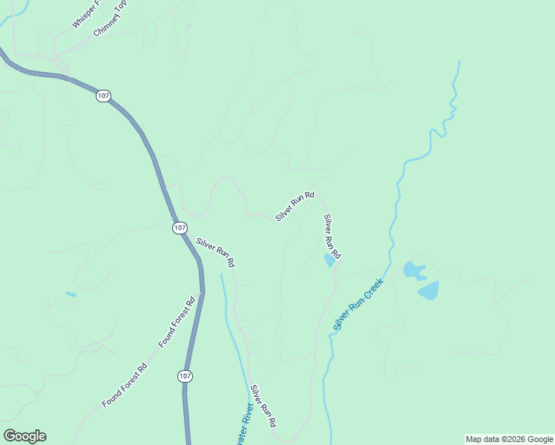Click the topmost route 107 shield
[x=103, y=96]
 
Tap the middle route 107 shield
[x=180, y=228]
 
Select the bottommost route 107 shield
[x=185, y=377]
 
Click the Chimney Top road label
[x=111, y=19]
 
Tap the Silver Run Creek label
[x=358, y=304]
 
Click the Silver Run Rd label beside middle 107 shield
[x=215, y=252]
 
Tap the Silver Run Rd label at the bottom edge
[x=263, y=406]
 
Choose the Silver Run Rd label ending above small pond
[x=332, y=236]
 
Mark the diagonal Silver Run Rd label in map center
[x=295, y=206]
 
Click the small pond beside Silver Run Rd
[x=329, y=260]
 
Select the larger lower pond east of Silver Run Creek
[x=429, y=290]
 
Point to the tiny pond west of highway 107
[x=70, y=294]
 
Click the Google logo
[x=24, y=436]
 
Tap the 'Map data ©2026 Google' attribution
[x=510, y=439]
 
